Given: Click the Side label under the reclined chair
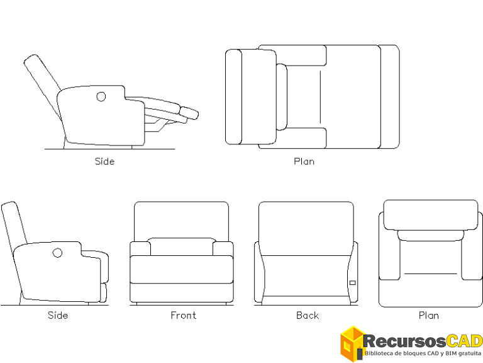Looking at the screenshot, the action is point(105,161).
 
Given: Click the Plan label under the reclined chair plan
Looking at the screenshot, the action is point(304,161).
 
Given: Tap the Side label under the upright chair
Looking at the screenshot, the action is point(58,315).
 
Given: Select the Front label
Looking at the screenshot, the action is point(183,315).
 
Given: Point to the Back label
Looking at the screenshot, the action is point(308,316).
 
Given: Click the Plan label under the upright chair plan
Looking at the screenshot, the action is point(429,316).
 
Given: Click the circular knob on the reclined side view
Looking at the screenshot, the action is point(101,96).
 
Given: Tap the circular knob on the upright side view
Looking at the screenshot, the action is point(57,253).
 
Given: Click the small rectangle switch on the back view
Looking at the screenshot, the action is point(353,283).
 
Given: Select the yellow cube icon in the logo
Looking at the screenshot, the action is point(352,343).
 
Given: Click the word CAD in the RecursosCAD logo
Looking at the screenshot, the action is point(464,342).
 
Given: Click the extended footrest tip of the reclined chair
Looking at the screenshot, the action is point(189,113).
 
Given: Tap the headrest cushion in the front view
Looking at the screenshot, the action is point(182,246).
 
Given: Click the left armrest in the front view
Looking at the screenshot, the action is point(140,248).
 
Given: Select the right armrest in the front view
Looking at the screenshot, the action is point(223,248).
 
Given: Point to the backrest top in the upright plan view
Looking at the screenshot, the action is point(431,215).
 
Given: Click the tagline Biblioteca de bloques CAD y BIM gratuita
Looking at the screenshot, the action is point(423,354).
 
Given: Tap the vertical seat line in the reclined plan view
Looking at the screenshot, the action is point(320,97).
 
